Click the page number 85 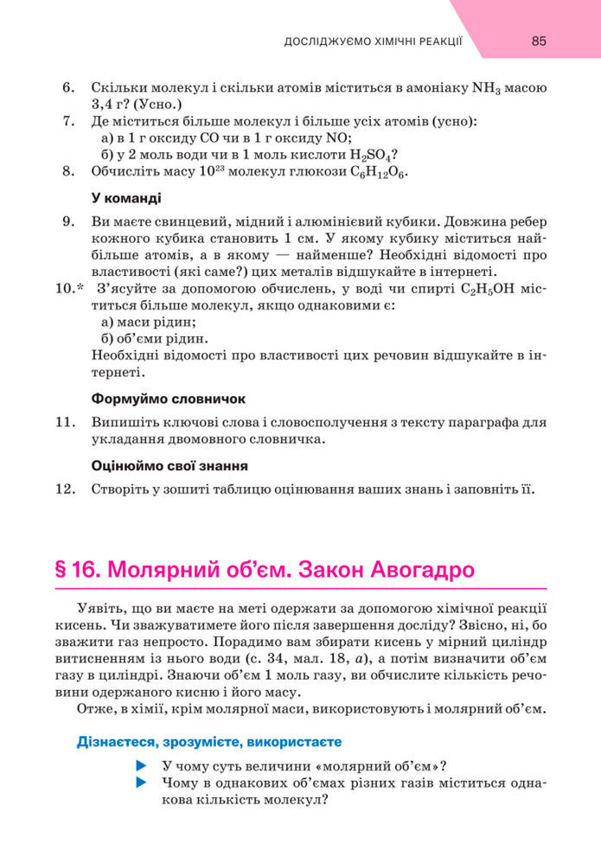[x=539, y=41]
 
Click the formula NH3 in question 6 [x=488, y=88]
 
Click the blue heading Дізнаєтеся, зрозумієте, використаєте [x=208, y=741]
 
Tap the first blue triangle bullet [x=143, y=766]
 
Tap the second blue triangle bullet [x=143, y=783]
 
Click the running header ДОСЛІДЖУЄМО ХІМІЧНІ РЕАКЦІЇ [x=373, y=41]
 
